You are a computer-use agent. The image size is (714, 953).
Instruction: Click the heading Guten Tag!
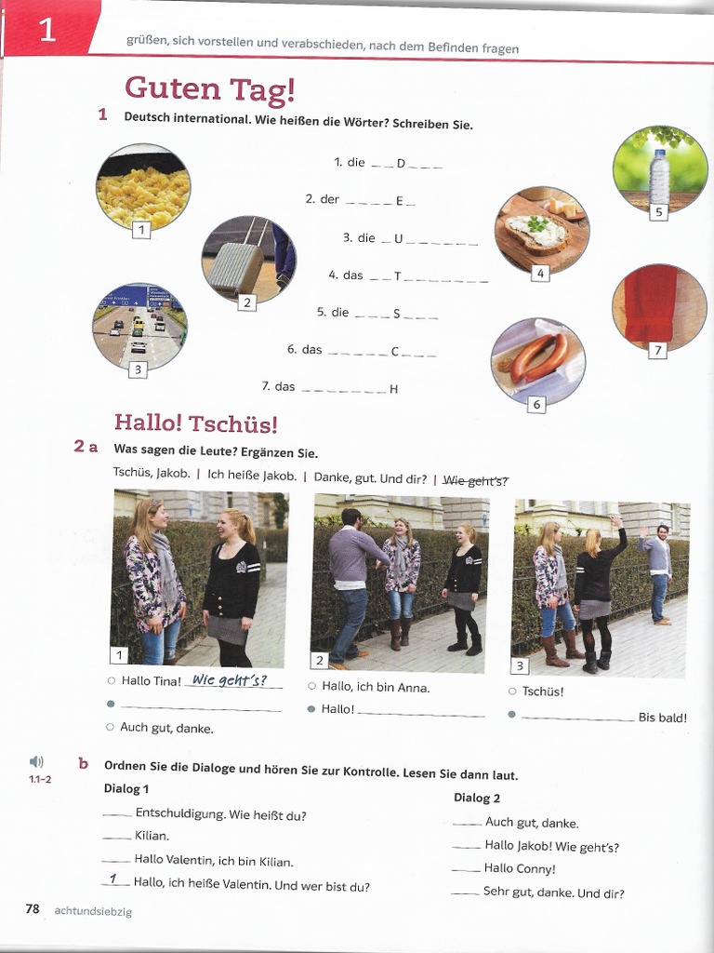pyautogui.click(x=210, y=88)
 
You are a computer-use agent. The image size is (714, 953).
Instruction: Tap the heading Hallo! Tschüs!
pyautogui.click(x=195, y=423)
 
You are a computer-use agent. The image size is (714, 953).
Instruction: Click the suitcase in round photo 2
pyautogui.click(x=235, y=265)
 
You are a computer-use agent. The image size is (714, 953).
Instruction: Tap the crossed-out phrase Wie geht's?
pyautogui.click(x=475, y=480)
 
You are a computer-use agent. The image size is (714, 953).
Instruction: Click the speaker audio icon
pyautogui.click(x=37, y=762)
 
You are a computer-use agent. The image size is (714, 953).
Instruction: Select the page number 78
pyautogui.click(x=33, y=909)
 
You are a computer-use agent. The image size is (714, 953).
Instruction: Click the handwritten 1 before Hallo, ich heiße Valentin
pyautogui.click(x=113, y=879)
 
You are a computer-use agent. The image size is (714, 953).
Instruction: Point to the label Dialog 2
pyautogui.click(x=477, y=798)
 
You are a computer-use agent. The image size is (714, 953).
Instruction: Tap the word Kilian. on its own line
pyautogui.click(x=152, y=837)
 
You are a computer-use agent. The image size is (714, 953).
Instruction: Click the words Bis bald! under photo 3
pyautogui.click(x=662, y=717)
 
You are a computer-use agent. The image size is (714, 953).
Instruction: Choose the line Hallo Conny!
pyautogui.click(x=519, y=869)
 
